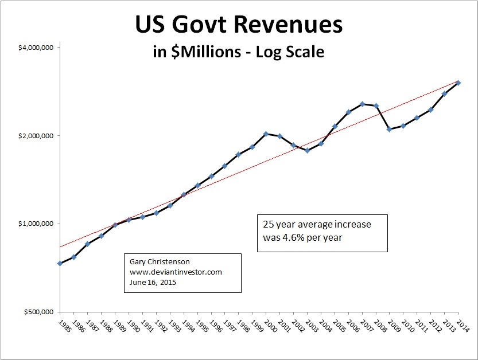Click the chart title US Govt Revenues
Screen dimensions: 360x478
tap(239, 26)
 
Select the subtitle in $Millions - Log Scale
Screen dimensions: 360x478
tap(239, 52)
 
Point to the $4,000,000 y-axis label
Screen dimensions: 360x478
tap(36, 48)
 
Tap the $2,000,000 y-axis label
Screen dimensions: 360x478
tap(36, 136)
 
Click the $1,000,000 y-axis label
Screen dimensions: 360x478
tap(36, 224)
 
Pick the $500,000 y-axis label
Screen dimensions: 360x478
tap(38, 312)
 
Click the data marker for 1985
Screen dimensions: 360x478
tap(60, 263)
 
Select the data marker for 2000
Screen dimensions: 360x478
tap(266, 134)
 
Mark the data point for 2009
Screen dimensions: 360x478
tap(390, 129)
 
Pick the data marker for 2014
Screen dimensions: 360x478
tap(458, 83)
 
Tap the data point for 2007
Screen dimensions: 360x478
tap(362, 104)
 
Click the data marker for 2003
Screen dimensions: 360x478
tap(307, 150)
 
